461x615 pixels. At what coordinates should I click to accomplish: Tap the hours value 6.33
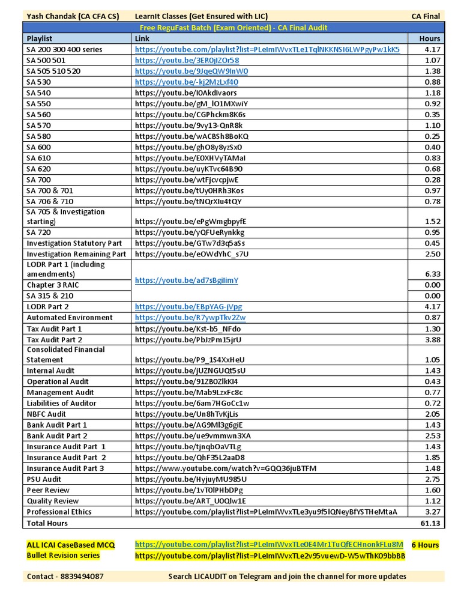pyautogui.click(x=432, y=274)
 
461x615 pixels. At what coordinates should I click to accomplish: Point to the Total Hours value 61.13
pyautogui.click(x=430, y=523)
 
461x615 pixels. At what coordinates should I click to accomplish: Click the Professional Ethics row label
pyautogui.click(x=59, y=512)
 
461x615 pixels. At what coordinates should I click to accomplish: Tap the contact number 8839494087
pyautogui.click(x=65, y=576)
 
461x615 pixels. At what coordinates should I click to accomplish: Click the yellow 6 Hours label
pyautogui.click(x=425, y=545)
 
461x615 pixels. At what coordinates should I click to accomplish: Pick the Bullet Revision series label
pyautogui.click(x=63, y=556)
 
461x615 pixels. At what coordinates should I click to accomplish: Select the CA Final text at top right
pyautogui.click(x=427, y=16)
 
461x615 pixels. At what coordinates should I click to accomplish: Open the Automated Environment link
pyautogui.click(x=190, y=317)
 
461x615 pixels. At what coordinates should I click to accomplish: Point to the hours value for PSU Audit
pyautogui.click(x=432, y=479)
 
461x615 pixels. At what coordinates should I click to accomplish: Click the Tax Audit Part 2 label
pyautogui.click(x=54, y=339)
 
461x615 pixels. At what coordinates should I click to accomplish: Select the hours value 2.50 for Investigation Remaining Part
pyautogui.click(x=432, y=254)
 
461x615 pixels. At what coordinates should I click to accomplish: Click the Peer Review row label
pyautogui.click(x=48, y=490)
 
